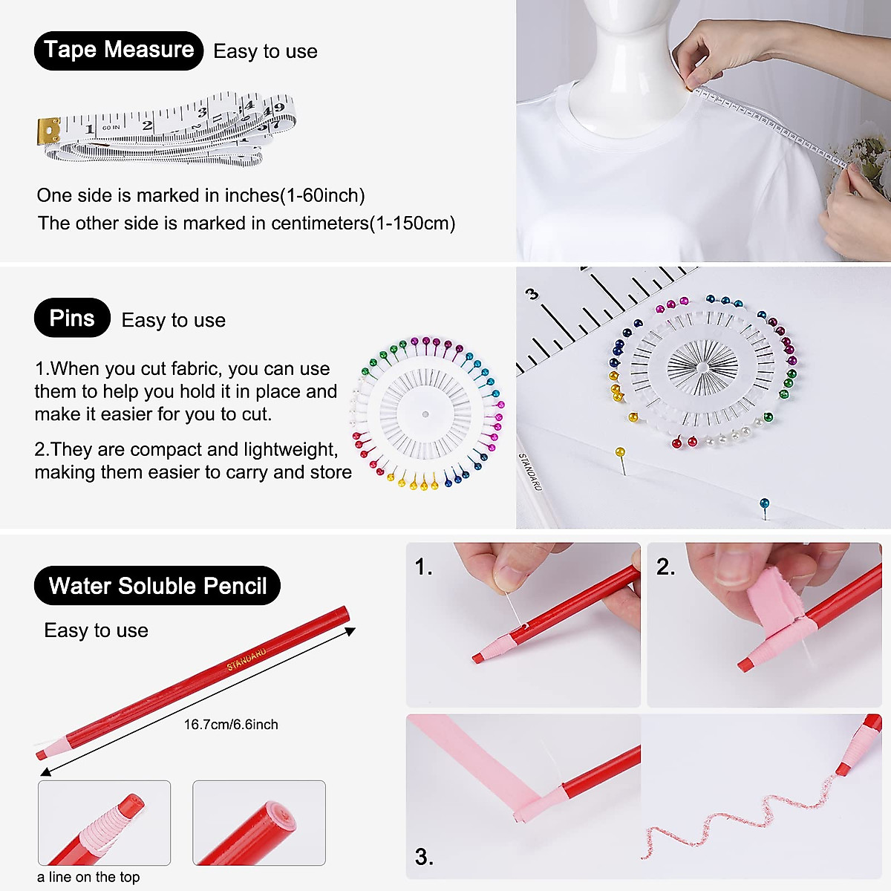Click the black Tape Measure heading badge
(x=119, y=50)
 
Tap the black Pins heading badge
(x=72, y=319)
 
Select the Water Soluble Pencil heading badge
(x=157, y=586)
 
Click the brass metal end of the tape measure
(x=49, y=131)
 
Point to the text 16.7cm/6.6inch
(x=231, y=725)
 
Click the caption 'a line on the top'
(x=88, y=877)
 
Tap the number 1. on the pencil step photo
(x=423, y=567)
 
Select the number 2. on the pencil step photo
(x=665, y=567)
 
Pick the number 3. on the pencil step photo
(x=424, y=857)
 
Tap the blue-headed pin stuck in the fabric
(x=764, y=504)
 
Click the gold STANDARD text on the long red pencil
(x=247, y=659)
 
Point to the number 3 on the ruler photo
(x=532, y=295)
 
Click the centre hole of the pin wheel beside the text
(x=425, y=414)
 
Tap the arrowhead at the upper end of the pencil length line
(x=351, y=631)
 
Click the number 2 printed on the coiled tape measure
(x=147, y=125)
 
